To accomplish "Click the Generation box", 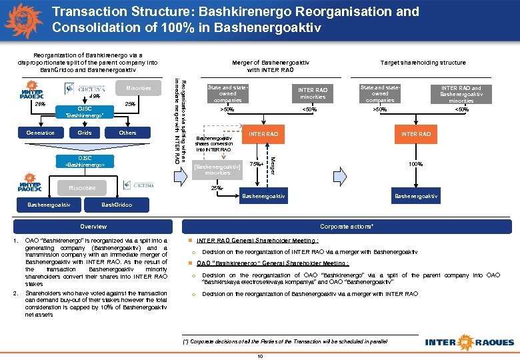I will point(40,133).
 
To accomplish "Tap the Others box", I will point(127,133).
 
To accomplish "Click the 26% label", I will point(40,105).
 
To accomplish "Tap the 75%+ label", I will point(257,163).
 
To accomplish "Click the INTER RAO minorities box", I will point(313,93).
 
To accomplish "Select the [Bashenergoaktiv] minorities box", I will point(217,168).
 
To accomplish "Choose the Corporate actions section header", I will point(346,226).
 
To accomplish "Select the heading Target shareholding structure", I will point(423,63).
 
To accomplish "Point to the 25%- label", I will point(217,189).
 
